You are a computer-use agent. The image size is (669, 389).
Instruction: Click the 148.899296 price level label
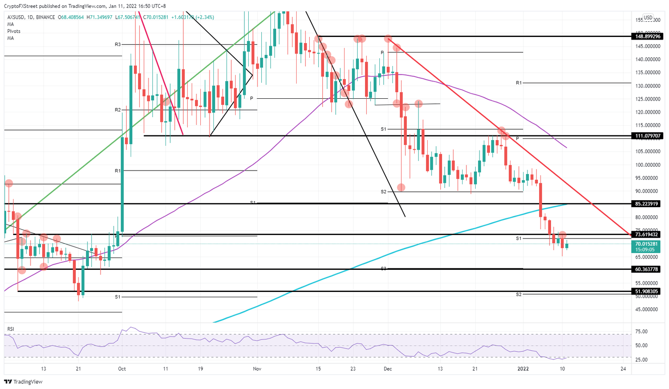click(x=647, y=37)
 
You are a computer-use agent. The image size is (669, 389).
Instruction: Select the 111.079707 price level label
click(x=647, y=136)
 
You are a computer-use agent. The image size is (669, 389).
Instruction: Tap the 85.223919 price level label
click(x=647, y=204)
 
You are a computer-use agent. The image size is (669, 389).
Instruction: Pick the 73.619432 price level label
click(x=647, y=235)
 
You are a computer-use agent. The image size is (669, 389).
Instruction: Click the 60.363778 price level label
click(x=647, y=269)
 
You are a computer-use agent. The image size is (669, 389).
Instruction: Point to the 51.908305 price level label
click(x=647, y=292)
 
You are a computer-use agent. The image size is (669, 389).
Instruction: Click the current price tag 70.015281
click(x=647, y=244)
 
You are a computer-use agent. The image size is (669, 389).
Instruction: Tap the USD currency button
click(x=648, y=18)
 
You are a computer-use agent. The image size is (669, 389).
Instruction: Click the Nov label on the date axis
click(x=257, y=369)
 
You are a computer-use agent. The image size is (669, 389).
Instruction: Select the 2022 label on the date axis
click(x=523, y=369)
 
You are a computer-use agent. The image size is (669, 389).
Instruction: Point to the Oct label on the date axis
click(x=122, y=369)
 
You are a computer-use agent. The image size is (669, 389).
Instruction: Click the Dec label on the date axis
click(x=388, y=369)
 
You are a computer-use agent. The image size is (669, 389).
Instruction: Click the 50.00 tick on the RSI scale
click(x=642, y=345)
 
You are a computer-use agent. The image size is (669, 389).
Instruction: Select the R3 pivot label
click(x=118, y=44)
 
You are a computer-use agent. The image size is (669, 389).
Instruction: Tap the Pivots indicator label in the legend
click(x=14, y=31)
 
